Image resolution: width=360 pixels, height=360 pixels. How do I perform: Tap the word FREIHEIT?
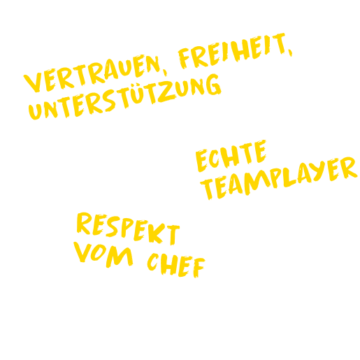233,51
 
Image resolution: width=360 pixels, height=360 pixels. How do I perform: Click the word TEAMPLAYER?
279,178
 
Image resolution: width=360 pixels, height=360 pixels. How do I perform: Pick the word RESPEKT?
128,229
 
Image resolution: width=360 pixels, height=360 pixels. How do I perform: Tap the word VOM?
103,254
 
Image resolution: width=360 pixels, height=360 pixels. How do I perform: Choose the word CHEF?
176,266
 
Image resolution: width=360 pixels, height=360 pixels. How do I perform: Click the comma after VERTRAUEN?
165,73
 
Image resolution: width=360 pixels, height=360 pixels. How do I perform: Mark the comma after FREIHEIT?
290,52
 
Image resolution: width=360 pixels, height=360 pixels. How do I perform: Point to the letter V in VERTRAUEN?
33,82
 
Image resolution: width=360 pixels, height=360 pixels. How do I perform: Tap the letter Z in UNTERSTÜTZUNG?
166,92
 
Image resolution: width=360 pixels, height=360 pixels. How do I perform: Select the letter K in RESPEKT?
157,233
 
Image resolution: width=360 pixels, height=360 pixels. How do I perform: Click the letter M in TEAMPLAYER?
257,182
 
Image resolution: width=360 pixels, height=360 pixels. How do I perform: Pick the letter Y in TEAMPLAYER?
317,171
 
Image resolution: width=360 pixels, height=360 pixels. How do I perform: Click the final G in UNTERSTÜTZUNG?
213,85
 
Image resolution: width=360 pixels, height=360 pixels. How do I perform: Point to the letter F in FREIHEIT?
184,58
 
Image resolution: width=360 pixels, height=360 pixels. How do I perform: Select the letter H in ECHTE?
230,157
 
